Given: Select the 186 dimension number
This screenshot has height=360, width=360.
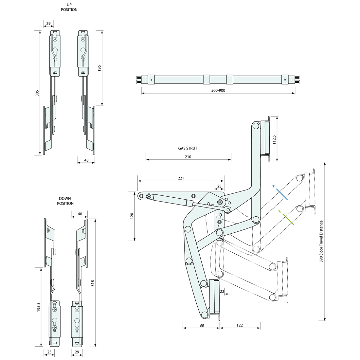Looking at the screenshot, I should [99, 68].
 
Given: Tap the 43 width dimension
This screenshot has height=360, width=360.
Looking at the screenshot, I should [86, 160].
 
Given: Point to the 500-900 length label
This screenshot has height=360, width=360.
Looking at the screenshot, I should [218, 90].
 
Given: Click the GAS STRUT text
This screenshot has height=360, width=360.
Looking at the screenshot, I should [188, 148].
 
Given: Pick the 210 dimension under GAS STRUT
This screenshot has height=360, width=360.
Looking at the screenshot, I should [188, 157].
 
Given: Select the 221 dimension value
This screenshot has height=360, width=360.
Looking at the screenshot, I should [181, 178].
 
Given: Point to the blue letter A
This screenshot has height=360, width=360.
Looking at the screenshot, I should [274, 186].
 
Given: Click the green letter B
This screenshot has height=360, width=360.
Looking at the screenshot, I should [279, 212].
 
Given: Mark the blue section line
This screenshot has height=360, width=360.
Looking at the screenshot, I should [282, 194].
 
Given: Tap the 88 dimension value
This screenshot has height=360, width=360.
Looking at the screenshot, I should [201, 325].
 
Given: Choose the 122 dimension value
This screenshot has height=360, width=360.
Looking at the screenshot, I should [240, 325].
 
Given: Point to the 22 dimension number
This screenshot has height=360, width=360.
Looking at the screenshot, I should [222, 291].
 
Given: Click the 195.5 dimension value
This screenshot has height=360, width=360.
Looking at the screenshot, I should [39, 307].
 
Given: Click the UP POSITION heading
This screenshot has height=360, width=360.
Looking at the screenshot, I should [69, 7].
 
